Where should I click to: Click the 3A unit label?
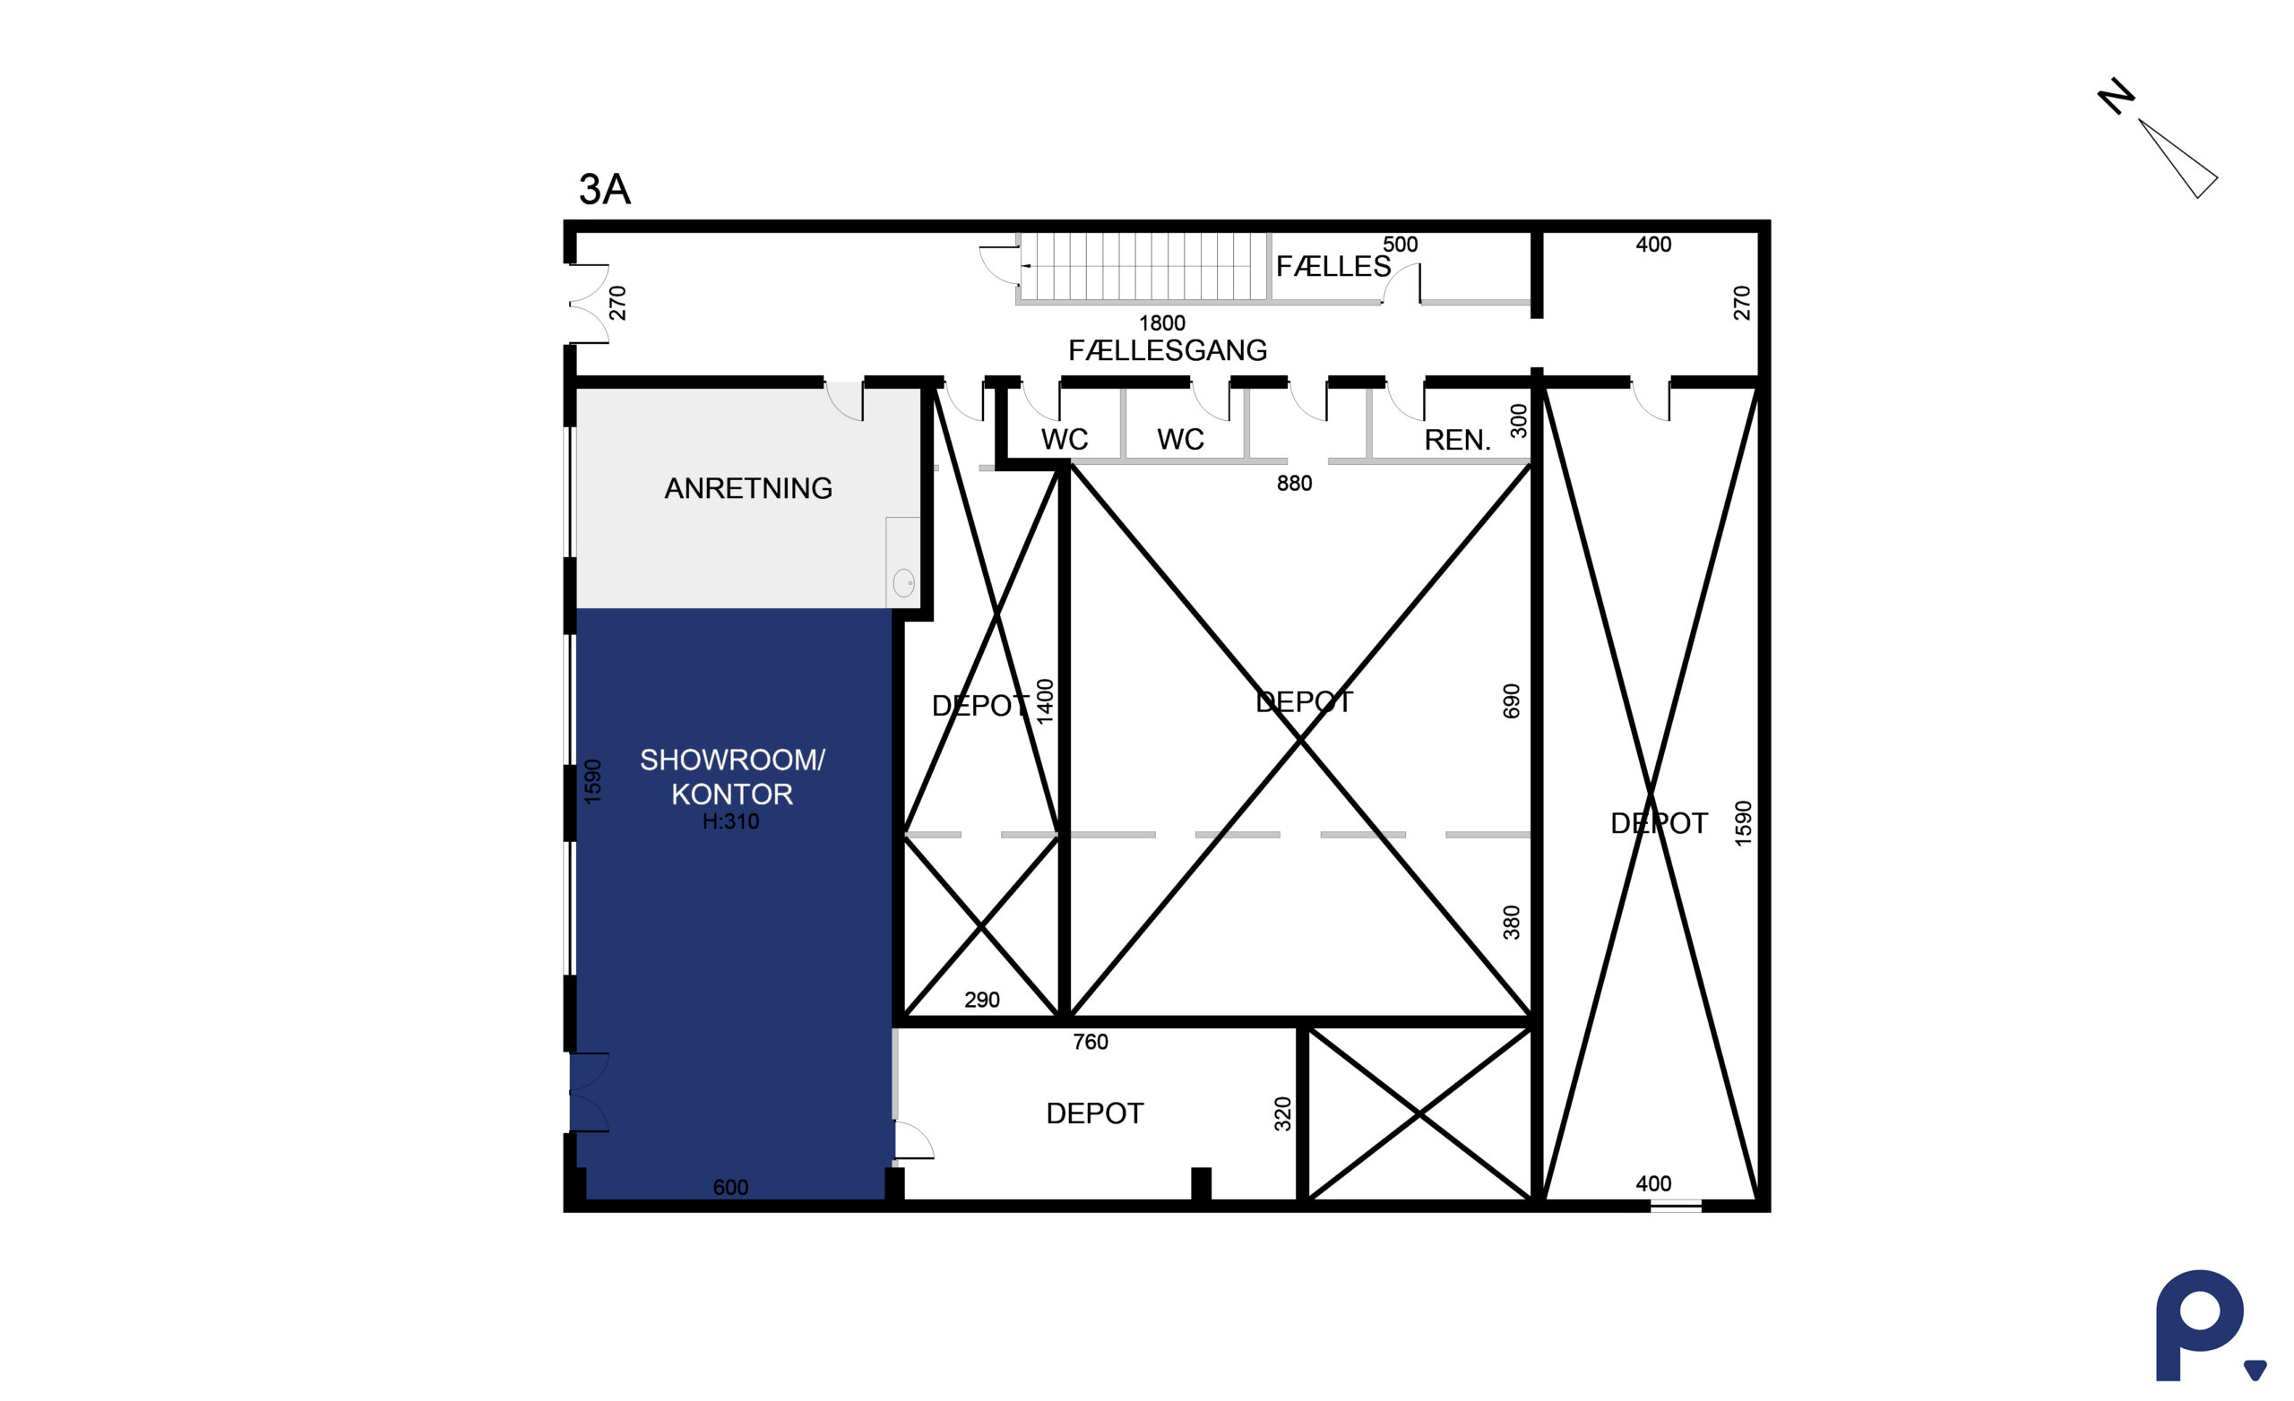point(604,189)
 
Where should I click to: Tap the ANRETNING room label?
point(747,488)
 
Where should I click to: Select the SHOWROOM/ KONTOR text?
point(732,777)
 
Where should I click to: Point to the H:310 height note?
point(731,821)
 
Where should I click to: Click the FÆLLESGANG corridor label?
point(1168,350)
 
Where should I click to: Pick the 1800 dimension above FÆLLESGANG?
point(1162,323)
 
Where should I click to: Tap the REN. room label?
point(1457,440)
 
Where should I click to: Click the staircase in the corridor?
point(1143,266)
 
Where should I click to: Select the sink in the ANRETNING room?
point(903,583)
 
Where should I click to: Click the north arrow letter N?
point(2117,96)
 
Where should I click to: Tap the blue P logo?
point(2203,1325)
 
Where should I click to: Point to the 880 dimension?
point(1294,483)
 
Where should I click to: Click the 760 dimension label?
point(1091,1042)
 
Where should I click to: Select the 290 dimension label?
point(981,1000)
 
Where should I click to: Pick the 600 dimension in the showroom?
point(730,1187)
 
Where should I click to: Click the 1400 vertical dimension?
point(1045,701)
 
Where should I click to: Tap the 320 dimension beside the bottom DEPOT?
point(1282,1113)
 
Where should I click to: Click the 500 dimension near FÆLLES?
point(1400,244)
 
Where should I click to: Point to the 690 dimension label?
point(1510,701)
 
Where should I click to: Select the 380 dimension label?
point(1510,922)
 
